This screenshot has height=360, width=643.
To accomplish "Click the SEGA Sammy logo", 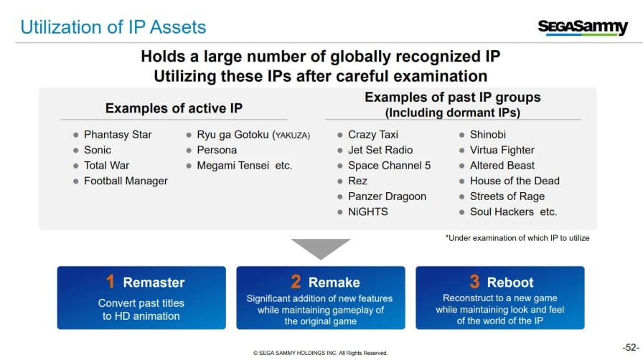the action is [x=583, y=27].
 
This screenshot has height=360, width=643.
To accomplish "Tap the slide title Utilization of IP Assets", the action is [x=113, y=27].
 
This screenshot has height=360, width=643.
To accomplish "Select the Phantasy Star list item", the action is [x=118, y=135].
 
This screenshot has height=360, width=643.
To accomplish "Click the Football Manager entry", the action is [x=126, y=181].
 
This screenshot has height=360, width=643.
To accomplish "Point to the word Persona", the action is [x=217, y=150].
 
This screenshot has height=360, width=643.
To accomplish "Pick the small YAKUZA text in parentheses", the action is [x=292, y=136].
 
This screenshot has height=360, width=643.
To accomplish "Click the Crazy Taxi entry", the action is [x=373, y=135].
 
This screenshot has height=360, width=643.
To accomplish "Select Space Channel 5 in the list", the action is [x=389, y=165].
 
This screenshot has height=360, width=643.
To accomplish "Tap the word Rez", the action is [x=357, y=181].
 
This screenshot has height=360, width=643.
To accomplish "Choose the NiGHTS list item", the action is [x=368, y=212].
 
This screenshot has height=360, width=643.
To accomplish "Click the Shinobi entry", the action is [x=487, y=135].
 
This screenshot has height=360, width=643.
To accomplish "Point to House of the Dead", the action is [x=515, y=181].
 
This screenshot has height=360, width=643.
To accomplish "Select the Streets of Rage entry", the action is [x=507, y=196].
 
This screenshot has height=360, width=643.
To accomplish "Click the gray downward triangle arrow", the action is [x=321, y=247].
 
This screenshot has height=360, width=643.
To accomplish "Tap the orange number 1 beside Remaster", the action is [x=111, y=282].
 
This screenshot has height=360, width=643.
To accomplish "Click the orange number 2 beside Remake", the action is [x=296, y=282].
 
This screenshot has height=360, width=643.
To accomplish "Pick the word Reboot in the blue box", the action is [x=510, y=282].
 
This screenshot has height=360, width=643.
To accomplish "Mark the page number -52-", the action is [x=631, y=348].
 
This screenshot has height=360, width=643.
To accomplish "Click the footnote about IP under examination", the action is [x=517, y=238].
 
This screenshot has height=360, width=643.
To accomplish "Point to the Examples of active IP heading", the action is [x=174, y=108].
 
